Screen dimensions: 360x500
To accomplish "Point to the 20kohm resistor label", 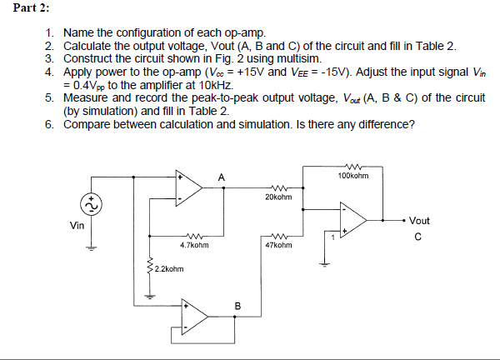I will point(278,197).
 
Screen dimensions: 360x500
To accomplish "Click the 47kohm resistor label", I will point(278,246).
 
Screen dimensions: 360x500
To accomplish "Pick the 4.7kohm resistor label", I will point(194,246).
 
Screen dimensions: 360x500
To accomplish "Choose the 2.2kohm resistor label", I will point(169,268).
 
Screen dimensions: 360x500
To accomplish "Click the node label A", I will point(221,177).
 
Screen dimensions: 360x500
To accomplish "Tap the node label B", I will point(237,306).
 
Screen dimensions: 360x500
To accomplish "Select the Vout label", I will point(420,221).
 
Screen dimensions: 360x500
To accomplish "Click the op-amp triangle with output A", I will point(188,187).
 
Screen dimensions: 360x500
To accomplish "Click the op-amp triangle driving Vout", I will point(353,221).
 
